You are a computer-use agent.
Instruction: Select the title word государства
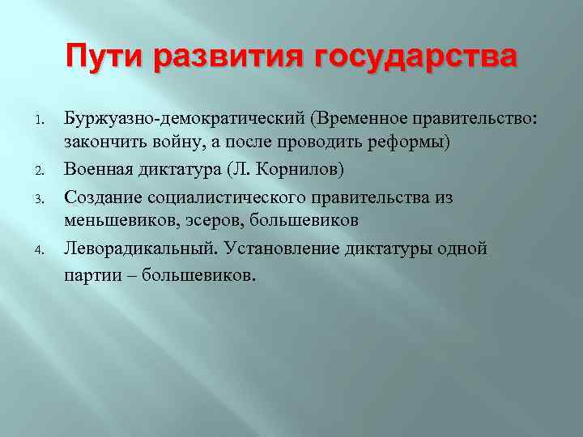pos(412,57)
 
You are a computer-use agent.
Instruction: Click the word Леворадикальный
pos(138,248)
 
